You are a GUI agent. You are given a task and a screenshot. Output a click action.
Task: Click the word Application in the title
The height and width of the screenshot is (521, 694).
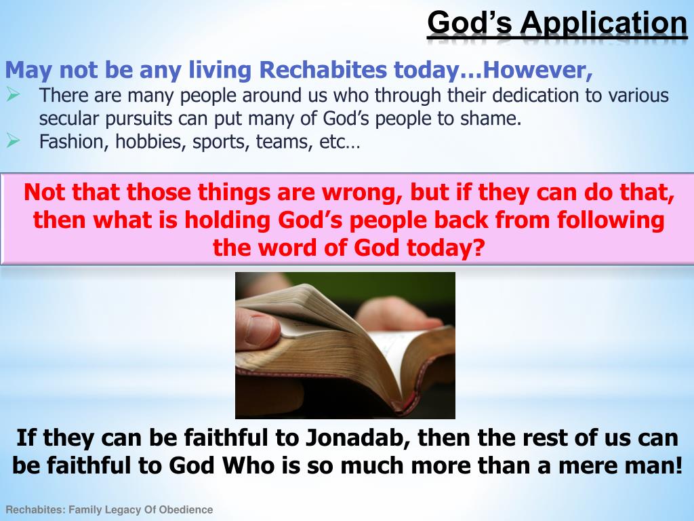tap(603, 23)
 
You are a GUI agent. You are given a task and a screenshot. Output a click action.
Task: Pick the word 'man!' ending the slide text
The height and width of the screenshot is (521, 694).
tap(650, 467)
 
